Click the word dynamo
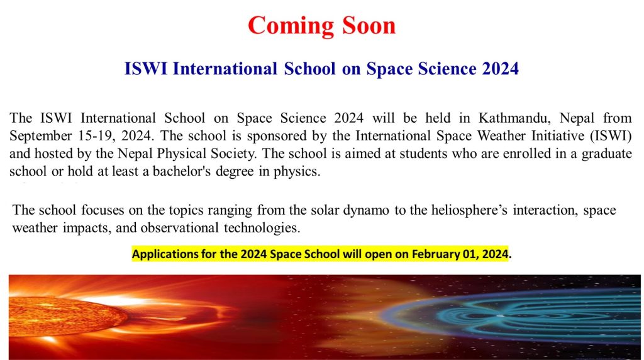pyautogui.click(x=366, y=210)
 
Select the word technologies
pyautogui.click(x=262, y=228)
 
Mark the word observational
pyautogui.click(x=179, y=228)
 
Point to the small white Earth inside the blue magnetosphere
pyautogui.click(x=500, y=316)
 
